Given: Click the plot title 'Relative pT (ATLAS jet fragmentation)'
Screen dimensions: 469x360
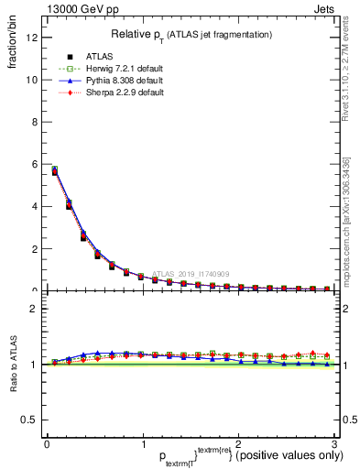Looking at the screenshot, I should click(x=191, y=34).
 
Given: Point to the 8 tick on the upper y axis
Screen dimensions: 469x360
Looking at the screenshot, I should click(x=34, y=122).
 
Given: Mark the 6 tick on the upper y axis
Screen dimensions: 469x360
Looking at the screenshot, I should click(x=34, y=164).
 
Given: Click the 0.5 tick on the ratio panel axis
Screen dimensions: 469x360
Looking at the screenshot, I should click(x=29, y=420).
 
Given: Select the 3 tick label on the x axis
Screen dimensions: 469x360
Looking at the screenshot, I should click(x=333, y=443).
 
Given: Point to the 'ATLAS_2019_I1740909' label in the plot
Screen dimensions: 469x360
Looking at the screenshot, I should click(x=192, y=273).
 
